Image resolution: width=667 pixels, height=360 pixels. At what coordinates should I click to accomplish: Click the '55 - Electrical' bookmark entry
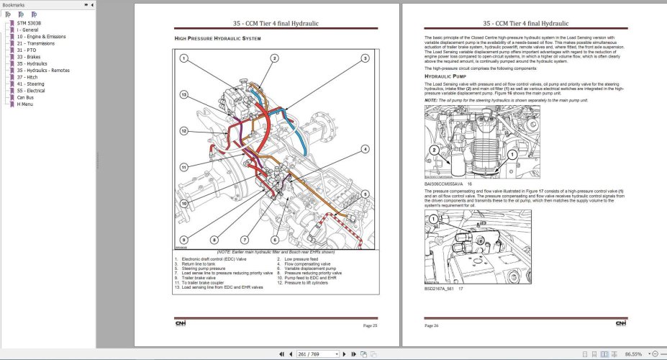(31, 91)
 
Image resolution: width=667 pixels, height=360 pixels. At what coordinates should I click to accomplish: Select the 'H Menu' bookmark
(24, 104)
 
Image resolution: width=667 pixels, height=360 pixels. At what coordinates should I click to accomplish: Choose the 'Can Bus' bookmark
(25, 97)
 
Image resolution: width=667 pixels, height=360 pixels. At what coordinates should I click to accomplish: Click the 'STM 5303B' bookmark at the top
(29, 23)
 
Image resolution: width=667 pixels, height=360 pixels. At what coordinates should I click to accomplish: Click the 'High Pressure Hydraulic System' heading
(218, 37)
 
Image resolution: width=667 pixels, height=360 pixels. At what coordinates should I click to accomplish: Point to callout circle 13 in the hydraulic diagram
(184, 94)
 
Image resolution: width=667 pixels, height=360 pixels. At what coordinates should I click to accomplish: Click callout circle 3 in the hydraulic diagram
(365, 58)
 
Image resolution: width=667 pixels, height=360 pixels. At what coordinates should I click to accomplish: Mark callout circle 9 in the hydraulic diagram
(184, 239)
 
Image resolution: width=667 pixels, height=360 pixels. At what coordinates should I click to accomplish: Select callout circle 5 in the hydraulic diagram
(365, 194)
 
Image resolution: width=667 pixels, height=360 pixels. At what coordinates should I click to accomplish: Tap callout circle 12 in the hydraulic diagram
(184, 130)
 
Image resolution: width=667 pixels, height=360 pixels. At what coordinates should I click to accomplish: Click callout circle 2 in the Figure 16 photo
(433, 150)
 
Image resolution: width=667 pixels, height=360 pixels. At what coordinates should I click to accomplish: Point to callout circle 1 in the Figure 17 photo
(433, 218)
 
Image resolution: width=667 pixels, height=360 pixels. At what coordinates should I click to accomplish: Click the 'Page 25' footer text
(370, 325)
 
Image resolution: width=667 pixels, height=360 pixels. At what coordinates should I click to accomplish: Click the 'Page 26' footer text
(432, 325)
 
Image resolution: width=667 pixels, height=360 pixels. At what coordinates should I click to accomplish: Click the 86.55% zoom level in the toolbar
(633, 354)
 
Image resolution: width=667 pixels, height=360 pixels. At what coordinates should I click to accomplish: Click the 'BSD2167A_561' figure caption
(440, 289)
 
